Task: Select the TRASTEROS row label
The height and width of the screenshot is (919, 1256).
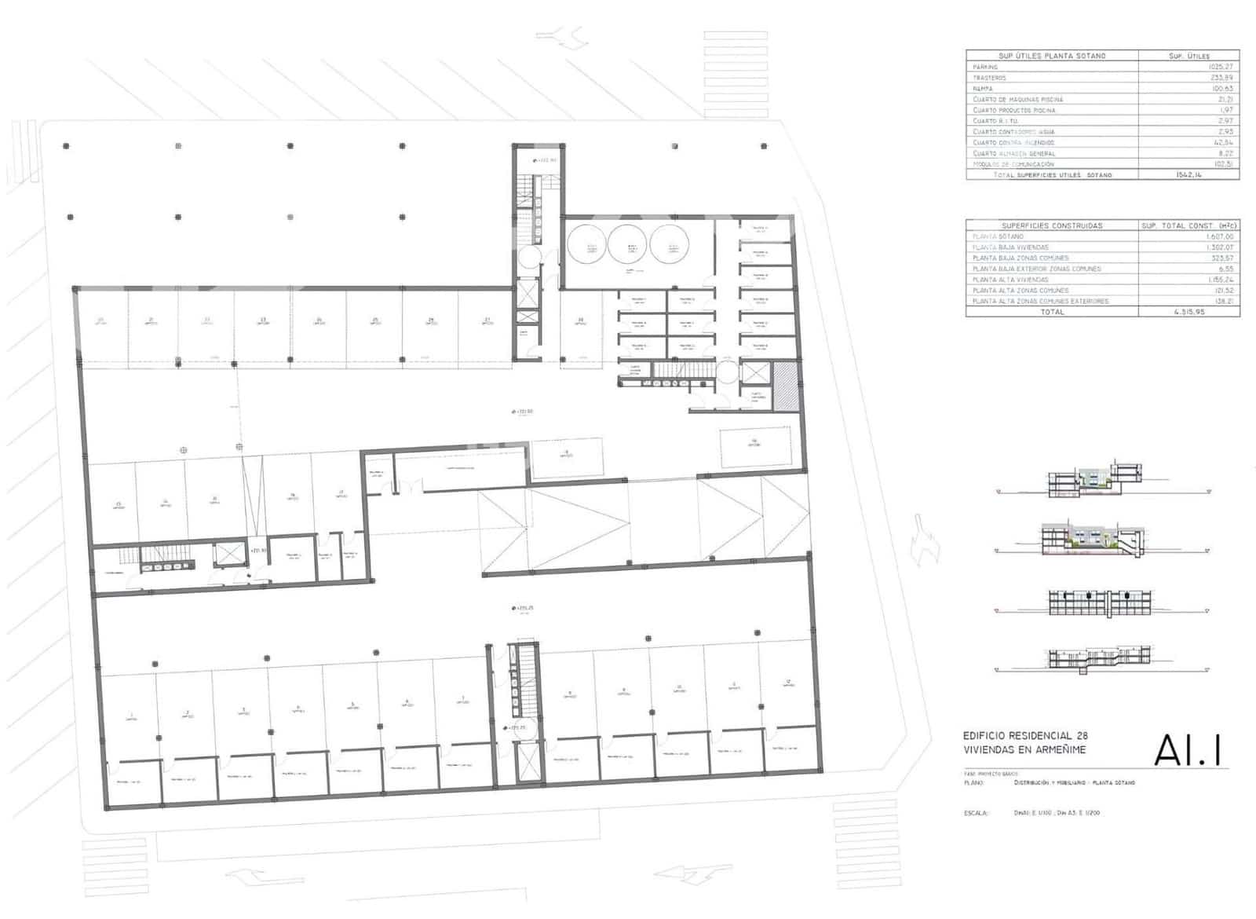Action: (x=989, y=78)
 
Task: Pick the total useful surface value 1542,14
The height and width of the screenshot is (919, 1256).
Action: (x=1188, y=175)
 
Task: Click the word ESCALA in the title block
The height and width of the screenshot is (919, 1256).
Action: (x=976, y=813)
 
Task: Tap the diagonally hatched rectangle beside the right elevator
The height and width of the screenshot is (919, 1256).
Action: (x=785, y=386)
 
